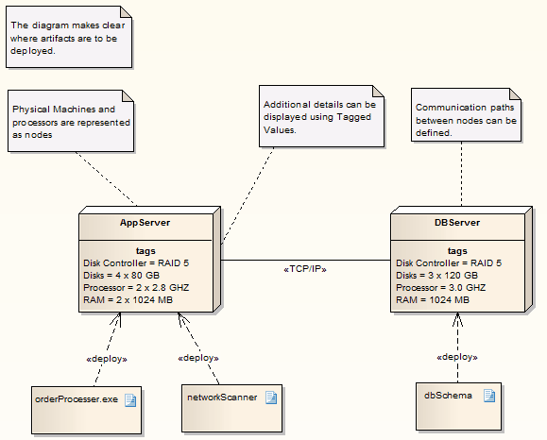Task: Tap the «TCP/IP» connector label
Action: (x=305, y=269)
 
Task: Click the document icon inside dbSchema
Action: (x=489, y=396)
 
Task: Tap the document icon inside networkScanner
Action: (x=270, y=398)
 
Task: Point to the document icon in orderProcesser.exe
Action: (x=130, y=399)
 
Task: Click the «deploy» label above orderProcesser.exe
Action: (x=106, y=359)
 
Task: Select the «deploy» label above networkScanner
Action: (x=198, y=359)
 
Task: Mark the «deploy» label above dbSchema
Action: (x=456, y=357)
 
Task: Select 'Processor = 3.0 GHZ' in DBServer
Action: (x=441, y=287)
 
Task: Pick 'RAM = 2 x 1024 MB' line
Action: (x=128, y=299)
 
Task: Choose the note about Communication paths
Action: (x=466, y=120)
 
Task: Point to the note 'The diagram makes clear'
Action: (x=68, y=38)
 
